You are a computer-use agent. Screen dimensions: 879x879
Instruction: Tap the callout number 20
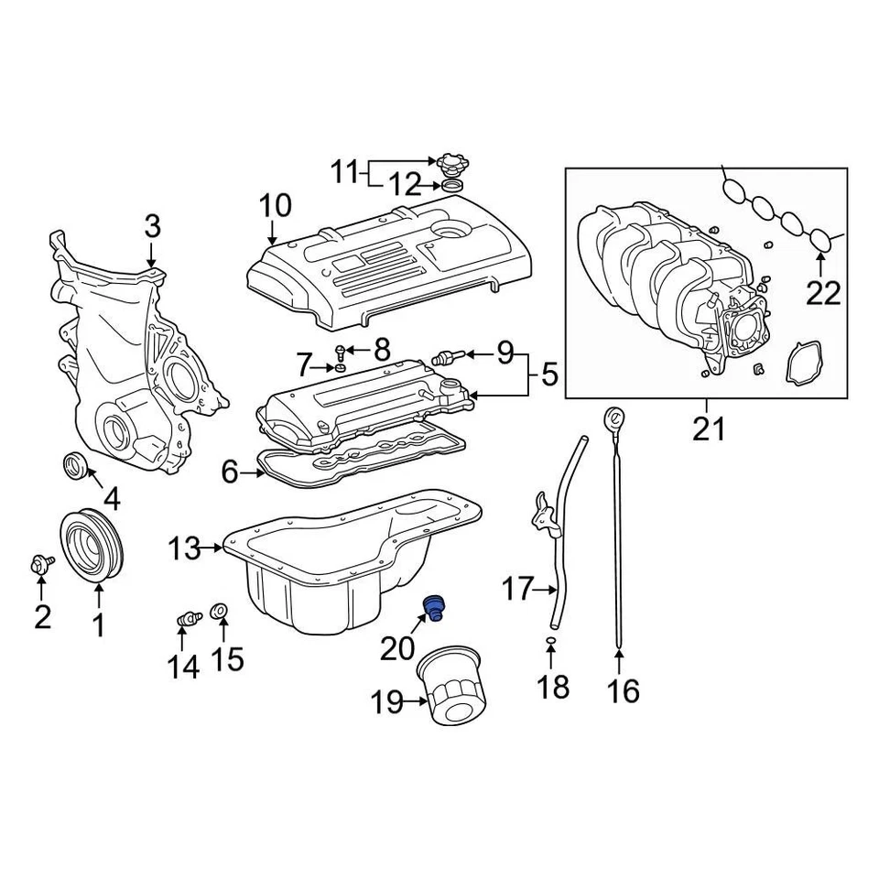tap(398, 648)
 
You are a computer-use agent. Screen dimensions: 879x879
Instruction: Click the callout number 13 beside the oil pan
tap(184, 549)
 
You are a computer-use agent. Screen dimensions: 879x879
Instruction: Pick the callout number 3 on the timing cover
tap(152, 226)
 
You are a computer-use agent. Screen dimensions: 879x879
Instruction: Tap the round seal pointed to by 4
tap(75, 465)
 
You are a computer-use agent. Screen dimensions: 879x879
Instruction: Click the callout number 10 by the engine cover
tap(274, 205)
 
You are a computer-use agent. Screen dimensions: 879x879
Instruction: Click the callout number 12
tap(404, 187)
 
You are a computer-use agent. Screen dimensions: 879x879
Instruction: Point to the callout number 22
tap(822, 293)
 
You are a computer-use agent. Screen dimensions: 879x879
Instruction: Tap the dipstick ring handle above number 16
tap(613, 422)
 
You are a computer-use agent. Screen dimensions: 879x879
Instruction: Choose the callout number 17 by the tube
tap(517, 589)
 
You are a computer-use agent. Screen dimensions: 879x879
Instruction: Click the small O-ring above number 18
tap(550, 637)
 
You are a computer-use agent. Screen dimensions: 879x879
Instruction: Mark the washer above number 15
tap(220, 611)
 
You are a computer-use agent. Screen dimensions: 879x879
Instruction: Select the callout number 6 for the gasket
tap(230, 472)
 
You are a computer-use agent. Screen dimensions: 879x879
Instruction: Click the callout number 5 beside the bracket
tap(548, 374)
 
